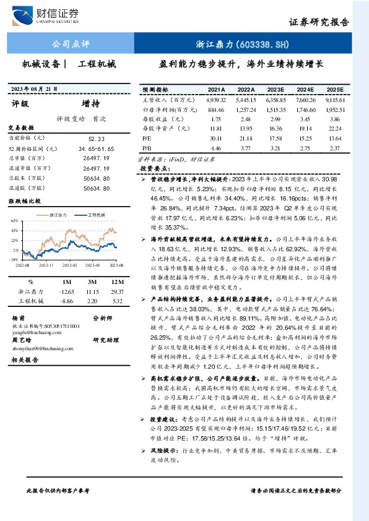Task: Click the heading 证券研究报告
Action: tap(319, 21)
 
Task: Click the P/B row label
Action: tap(146, 149)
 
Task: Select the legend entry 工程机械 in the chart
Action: tap(96, 215)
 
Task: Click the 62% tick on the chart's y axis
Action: tap(14, 220)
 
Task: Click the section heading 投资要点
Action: tap(155, 168)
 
